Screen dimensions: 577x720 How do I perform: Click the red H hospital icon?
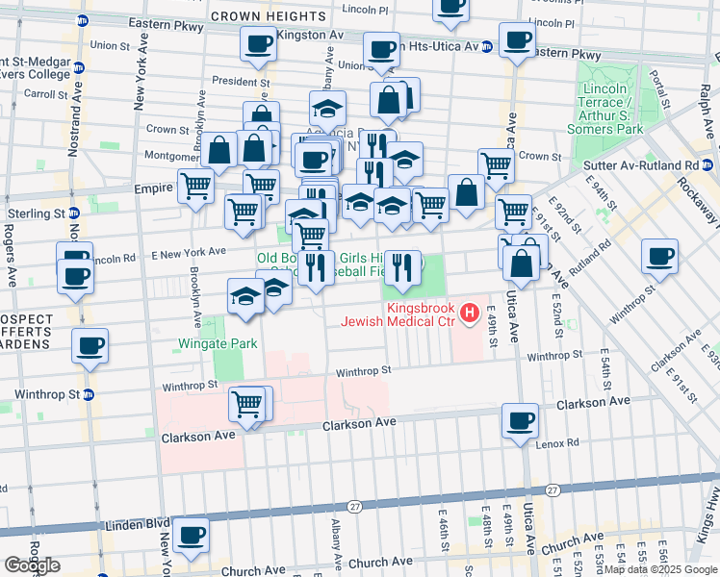point(469,313)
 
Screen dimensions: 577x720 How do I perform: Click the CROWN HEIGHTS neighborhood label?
point(268,16)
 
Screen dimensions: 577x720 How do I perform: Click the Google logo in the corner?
point(32,565)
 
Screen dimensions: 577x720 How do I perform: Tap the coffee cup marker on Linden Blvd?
point(190,535)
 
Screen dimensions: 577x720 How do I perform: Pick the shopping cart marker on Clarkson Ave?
point(247,403)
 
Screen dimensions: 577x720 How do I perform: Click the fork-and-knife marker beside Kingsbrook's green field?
point(402,266)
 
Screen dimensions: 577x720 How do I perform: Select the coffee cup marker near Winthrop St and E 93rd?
point(660,257)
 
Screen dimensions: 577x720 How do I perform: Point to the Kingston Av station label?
point(309,35)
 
